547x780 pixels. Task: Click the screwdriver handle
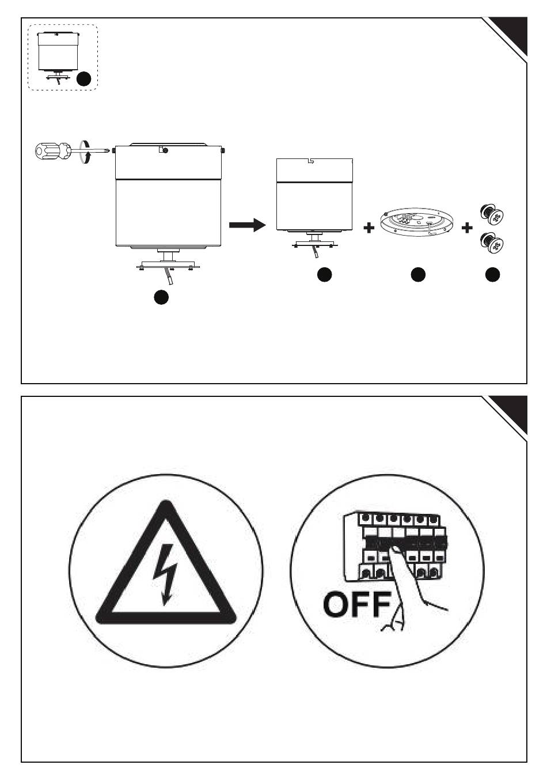[x=52, y=151]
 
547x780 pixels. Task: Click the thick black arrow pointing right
[x=248, y=225]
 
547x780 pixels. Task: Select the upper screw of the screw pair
[x=492, y=214]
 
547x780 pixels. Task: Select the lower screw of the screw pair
[x=492, y=243]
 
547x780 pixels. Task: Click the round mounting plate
[x=416, y=224]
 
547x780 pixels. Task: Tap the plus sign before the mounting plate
[x=369, y=228]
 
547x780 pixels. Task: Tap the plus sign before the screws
[x=466, y=228]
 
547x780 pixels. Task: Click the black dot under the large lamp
[x=161, y=297]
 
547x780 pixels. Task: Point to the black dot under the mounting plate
[x=418, y=275]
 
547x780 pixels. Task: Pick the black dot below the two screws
[x=492, y=275]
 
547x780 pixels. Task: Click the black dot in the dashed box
[x=83, y=79]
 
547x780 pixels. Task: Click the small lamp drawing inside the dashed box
[x=59, y=58]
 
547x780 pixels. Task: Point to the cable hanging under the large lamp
[x=170, y=277]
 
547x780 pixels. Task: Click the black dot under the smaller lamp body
[x=325, y=275]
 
